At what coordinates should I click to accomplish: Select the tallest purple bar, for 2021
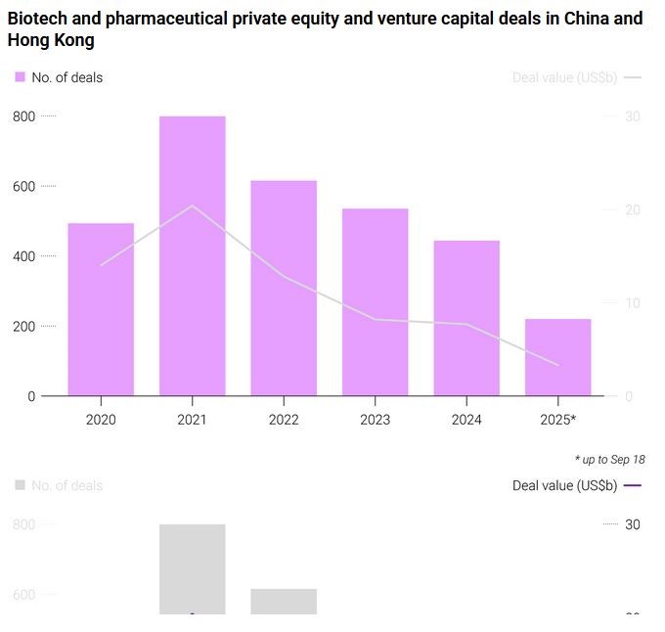coord(193,255)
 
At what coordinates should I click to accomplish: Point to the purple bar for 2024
coord(466,318)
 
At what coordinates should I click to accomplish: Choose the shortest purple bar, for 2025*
coord(557,357)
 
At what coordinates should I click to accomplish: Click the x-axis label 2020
coord(101,420)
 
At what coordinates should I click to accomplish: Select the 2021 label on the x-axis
coord(193,420)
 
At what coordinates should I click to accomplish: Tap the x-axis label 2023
coord(375,420)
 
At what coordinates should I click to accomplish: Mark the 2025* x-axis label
coord(557,420)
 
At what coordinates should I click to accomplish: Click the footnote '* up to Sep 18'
coord(609,459)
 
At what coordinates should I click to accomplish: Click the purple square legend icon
coord(20,77)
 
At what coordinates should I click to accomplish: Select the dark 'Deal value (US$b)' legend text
coord(564,485)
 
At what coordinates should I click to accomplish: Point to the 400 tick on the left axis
coord(23,256)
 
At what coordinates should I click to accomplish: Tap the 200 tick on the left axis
coord(23,326)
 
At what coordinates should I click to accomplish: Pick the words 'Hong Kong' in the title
coord(51,41)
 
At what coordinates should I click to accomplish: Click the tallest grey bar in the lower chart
coord(193,567)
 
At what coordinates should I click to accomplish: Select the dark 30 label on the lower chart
coord(633,524)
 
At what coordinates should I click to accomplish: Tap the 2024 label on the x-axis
coord(466,420)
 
